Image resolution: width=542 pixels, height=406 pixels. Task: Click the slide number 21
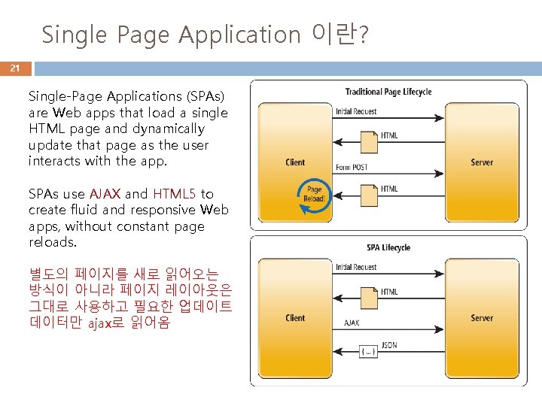(x=14, y=68)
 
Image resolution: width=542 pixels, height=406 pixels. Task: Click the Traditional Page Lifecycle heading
(x=388, y=92)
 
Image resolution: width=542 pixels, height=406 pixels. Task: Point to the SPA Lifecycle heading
(x=388, y=247)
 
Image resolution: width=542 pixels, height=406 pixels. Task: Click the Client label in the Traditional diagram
(x=295, y=162)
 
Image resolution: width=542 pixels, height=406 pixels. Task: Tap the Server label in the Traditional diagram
(x=482, y=162)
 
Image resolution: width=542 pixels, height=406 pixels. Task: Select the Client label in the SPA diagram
(x=295, y=318)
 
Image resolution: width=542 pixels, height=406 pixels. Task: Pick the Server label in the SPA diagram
(x=482, y=318)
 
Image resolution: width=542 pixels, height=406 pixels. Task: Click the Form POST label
(x=352, y=167)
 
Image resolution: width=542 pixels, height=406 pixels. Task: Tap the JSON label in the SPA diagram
(x=389, y=347)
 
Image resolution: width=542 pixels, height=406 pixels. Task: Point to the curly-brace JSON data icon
(x=368, y=350)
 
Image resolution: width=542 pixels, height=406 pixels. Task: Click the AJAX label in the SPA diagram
(x=352, y=323)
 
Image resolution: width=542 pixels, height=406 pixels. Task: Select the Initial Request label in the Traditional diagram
(x=356, y=111)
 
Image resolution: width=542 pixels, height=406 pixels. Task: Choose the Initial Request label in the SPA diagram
(x=356, y=267)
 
